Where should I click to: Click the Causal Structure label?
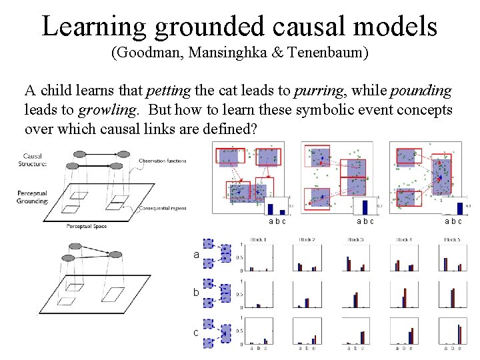point(33,161)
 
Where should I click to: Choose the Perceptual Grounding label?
point(33,197)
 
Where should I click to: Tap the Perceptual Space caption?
point(87,226)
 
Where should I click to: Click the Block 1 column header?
point(258,240)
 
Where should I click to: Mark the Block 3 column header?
point(354,240)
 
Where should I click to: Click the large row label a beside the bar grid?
point(196,255)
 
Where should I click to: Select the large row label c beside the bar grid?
point(196,332)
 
